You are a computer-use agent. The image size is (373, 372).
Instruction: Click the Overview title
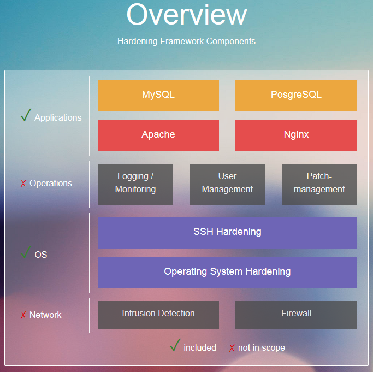[186, 15]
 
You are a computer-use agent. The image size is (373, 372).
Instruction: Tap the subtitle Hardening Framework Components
[186, 41]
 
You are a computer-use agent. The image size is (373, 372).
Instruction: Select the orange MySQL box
[158, 96]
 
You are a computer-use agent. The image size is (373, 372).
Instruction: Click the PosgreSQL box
[296, 96]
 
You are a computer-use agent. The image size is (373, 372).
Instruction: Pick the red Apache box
[158, 135]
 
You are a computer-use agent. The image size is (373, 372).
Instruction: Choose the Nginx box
[296, 135]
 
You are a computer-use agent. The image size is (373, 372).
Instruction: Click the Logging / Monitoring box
[135, 184]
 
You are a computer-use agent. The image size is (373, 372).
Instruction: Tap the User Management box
[227, 184]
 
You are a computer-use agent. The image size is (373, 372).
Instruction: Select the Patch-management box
[319, 184]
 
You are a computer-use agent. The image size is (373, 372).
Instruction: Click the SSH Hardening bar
[227, 233]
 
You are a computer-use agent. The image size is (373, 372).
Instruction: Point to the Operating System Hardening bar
[227, 273]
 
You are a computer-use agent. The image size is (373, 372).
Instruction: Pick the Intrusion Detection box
[158, 315]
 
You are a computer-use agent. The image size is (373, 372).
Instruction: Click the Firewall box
[296, 315]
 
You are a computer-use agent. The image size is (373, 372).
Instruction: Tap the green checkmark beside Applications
[26, 115]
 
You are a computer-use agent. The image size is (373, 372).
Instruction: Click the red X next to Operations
[23, 184]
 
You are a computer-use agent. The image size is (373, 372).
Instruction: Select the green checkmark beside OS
[26, 252]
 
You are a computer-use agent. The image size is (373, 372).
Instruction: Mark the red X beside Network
[23, 315]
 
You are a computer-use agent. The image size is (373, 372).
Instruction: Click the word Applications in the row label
[58, 117]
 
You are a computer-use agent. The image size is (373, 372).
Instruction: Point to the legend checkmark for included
[175, 345]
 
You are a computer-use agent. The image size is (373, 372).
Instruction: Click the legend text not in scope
[261, 347]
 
